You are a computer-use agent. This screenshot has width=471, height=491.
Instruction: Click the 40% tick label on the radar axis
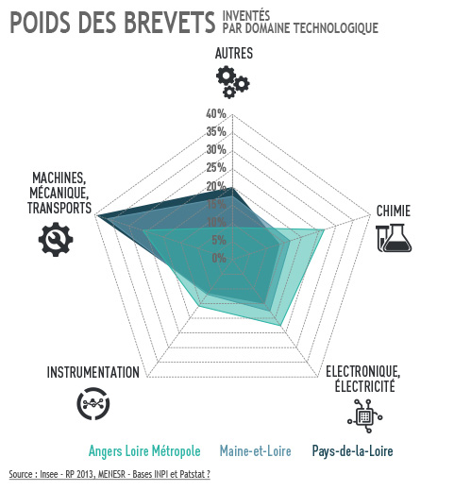216,113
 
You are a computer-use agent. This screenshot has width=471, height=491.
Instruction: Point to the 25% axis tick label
216,167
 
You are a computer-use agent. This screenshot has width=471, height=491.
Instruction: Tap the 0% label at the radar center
219,258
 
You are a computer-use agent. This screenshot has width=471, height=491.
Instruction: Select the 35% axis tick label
216,131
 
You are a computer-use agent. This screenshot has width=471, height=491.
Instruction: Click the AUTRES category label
234,53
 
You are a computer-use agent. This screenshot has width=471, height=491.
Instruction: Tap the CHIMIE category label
394,211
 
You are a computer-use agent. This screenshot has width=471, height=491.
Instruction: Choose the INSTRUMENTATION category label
93,372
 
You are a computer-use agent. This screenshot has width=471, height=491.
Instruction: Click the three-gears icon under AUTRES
233,82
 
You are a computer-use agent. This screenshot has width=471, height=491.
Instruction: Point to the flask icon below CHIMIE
394,238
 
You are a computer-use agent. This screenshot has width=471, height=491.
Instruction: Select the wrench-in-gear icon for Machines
56,239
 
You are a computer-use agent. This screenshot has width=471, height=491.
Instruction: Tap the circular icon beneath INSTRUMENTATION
93,403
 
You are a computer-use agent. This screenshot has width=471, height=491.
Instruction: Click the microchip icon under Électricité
365,416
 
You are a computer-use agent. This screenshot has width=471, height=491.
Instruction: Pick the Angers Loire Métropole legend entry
144,451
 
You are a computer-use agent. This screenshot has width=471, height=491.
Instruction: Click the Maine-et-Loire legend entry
255,451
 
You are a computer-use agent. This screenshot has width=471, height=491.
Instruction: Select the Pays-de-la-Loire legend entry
352,451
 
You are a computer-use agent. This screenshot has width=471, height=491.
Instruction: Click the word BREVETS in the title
170,23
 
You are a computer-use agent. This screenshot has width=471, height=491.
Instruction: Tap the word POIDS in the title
40,23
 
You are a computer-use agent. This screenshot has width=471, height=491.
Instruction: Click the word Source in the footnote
21,474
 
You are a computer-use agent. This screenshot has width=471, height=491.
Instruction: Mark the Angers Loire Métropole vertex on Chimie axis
325,230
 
